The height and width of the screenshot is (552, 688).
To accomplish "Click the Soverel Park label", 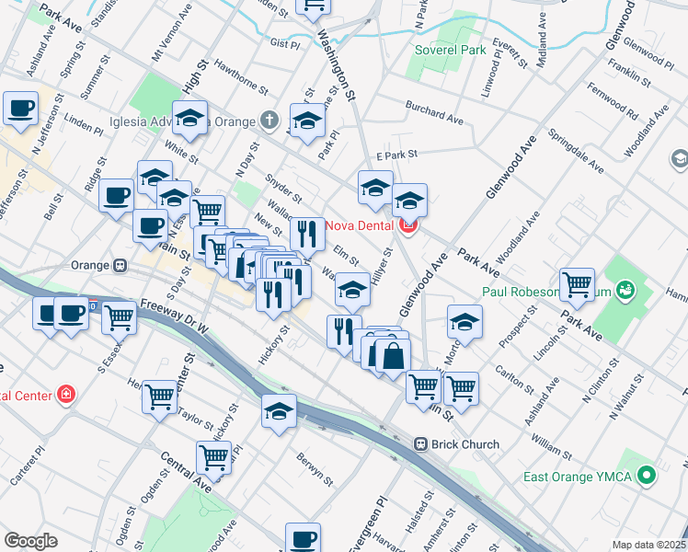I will point(450,50).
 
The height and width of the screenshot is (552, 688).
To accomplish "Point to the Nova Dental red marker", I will point(408,224).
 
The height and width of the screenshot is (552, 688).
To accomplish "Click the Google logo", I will point(30,541).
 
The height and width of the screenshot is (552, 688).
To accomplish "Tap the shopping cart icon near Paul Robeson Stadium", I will point(577,285).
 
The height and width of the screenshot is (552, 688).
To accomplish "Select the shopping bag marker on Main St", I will point(393,356).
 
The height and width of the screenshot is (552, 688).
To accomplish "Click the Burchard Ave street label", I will point(437,119).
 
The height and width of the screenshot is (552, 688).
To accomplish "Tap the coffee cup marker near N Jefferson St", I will point(20,109).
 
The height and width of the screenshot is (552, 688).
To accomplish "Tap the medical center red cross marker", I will point(65,396).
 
